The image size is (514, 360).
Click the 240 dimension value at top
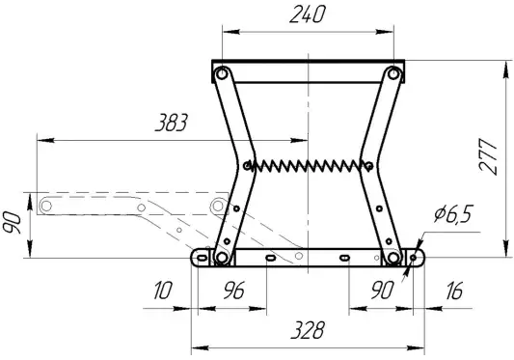tap(308, 15)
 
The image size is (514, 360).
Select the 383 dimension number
tap(171, 123)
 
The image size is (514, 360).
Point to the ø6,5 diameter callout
tap(453, 214)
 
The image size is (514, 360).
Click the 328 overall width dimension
tap(308, 330)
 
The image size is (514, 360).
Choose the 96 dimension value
tap(233, 291)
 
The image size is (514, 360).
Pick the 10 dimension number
tap(162, 291)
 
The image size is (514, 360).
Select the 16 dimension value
tap(454, 291)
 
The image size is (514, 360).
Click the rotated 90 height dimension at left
tap(13, 223)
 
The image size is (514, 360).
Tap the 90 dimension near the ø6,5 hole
tap(382, 291)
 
